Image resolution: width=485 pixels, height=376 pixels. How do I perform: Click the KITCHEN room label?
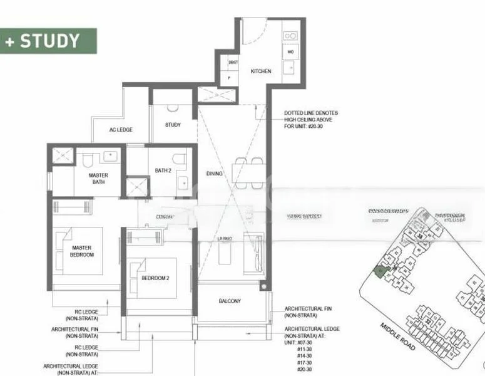coord(261,71)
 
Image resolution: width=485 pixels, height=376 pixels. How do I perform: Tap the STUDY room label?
coord(173,125)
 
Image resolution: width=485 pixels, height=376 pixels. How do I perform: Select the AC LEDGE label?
coord(121,130)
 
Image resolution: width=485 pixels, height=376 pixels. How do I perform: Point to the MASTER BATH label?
coord(98,179)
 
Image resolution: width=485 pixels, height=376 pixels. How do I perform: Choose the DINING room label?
coord(215,174)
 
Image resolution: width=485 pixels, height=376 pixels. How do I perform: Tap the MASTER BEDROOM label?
coord(81,251)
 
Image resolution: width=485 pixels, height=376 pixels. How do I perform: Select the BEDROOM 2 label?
coord(155,277)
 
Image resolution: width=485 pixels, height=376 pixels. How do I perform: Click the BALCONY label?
coord(230,301)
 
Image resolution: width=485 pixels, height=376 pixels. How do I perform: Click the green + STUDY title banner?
coord(48,41)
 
